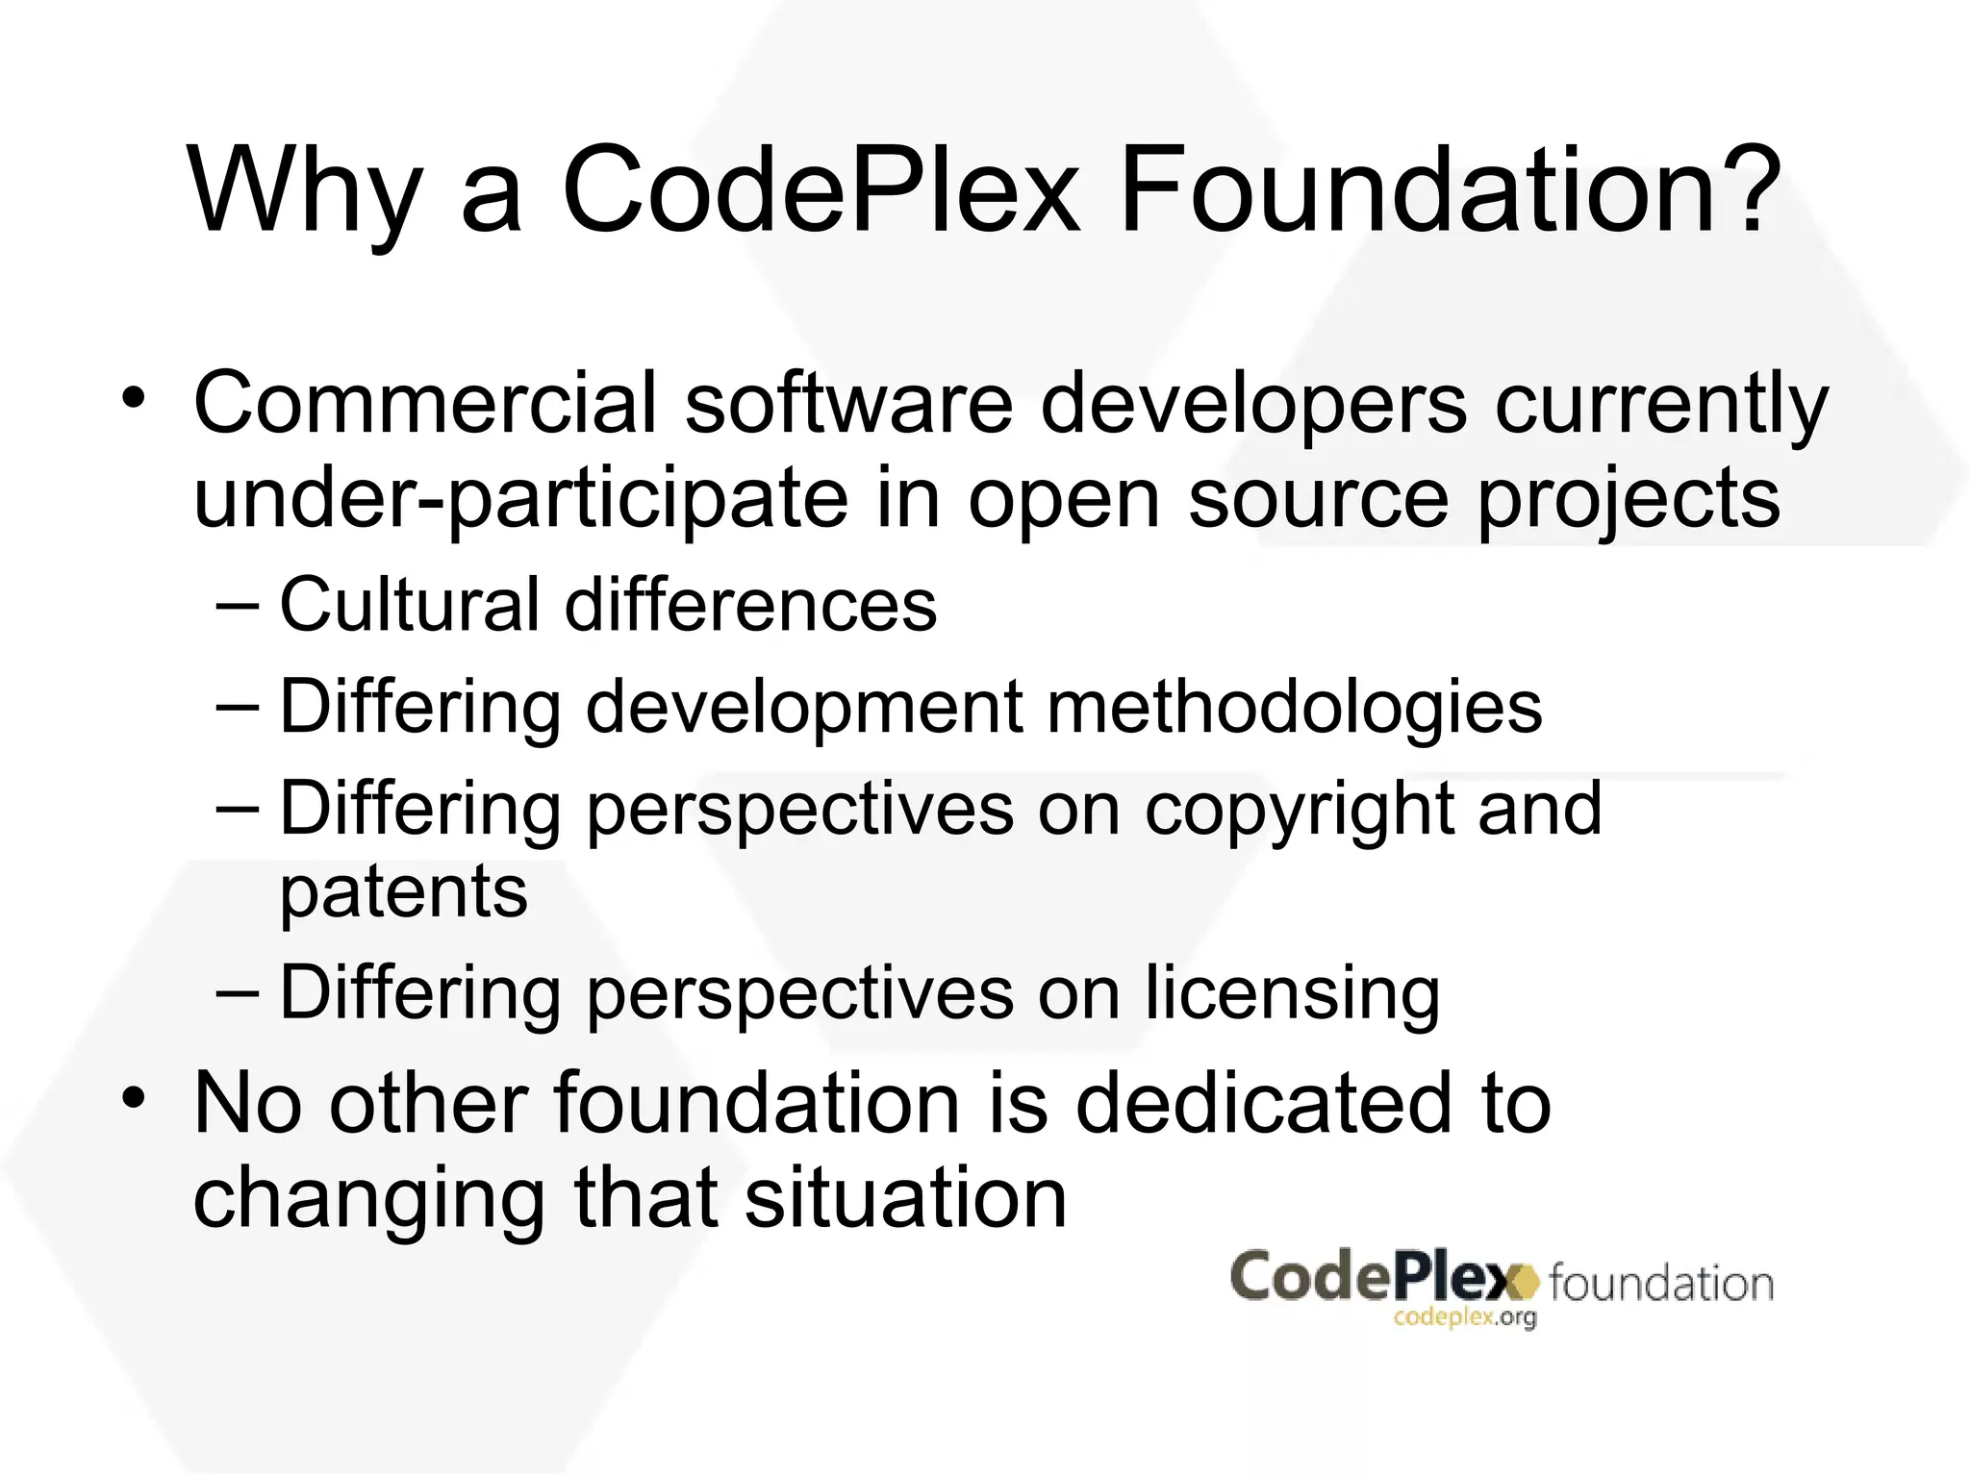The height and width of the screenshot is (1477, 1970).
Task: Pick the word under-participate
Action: tap(520, 500)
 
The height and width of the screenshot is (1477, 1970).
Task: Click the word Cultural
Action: tap(410, 606)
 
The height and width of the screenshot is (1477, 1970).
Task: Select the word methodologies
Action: tap(1294, 708)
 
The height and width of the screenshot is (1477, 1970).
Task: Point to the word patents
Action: tap(404, 892)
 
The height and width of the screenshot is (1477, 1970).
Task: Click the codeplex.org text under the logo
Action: tap(1464, 1318)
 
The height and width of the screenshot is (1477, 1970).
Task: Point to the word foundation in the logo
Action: tap(1661, 1284)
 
